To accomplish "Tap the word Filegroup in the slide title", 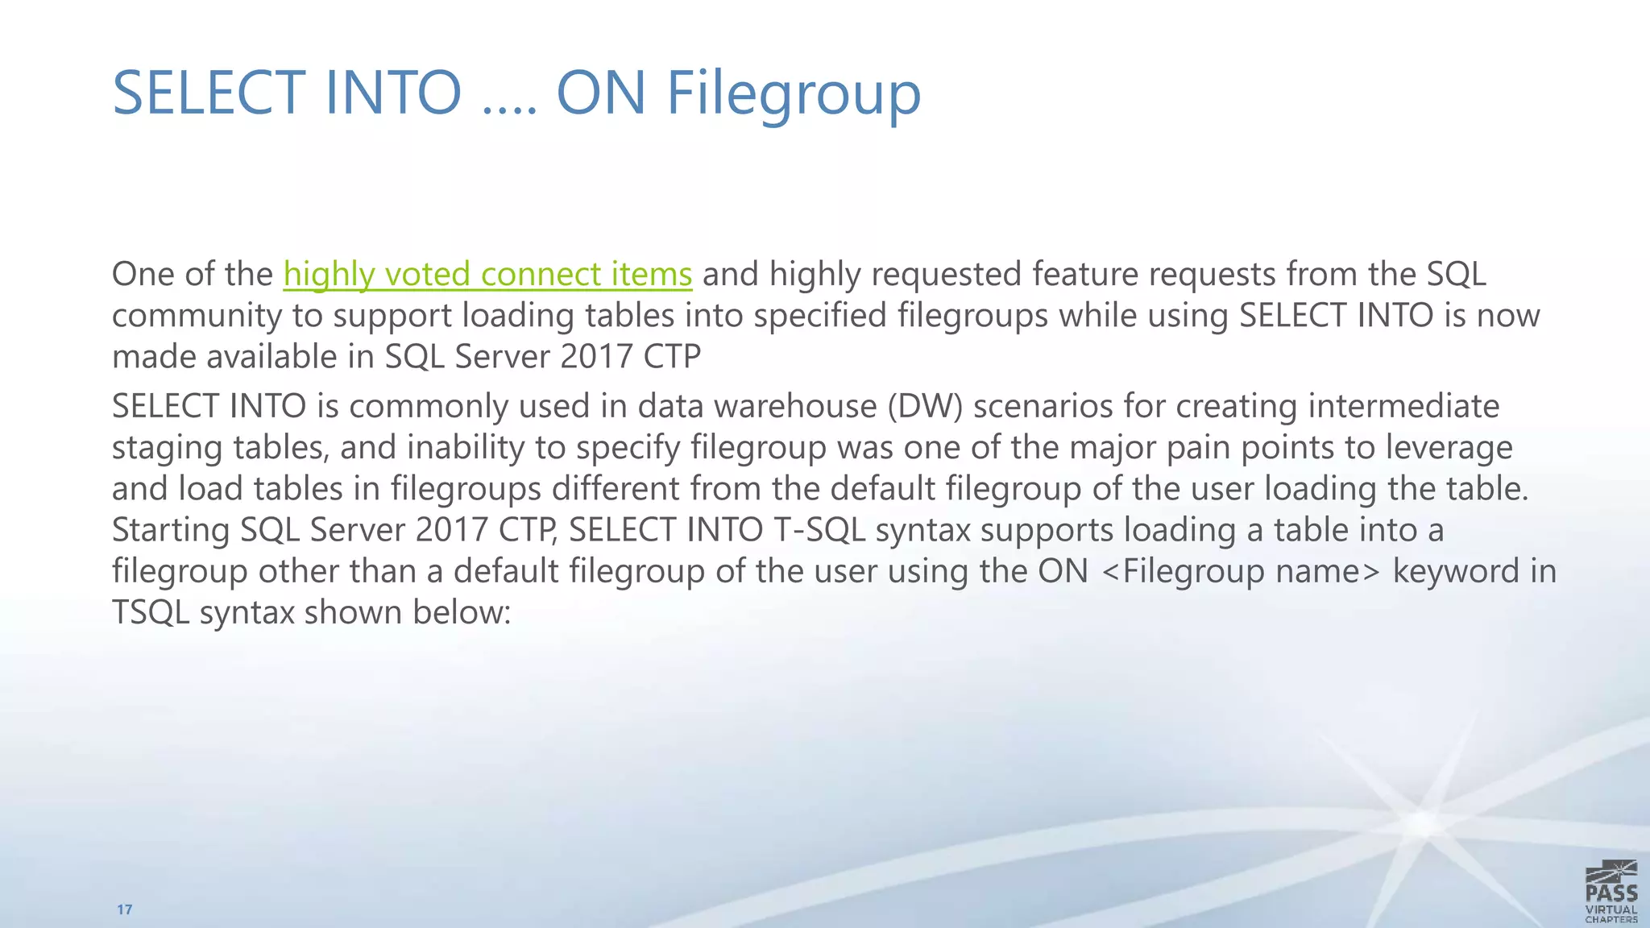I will [794, 94].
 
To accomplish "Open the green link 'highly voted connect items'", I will [487, 274].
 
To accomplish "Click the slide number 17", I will [124, 909].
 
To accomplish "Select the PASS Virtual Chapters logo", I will [1611, 891].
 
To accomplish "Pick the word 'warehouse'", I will [795, 406].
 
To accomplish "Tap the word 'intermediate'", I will [1403, 406].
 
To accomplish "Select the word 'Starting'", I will [171, 530].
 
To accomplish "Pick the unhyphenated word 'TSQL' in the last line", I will [151, 613].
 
